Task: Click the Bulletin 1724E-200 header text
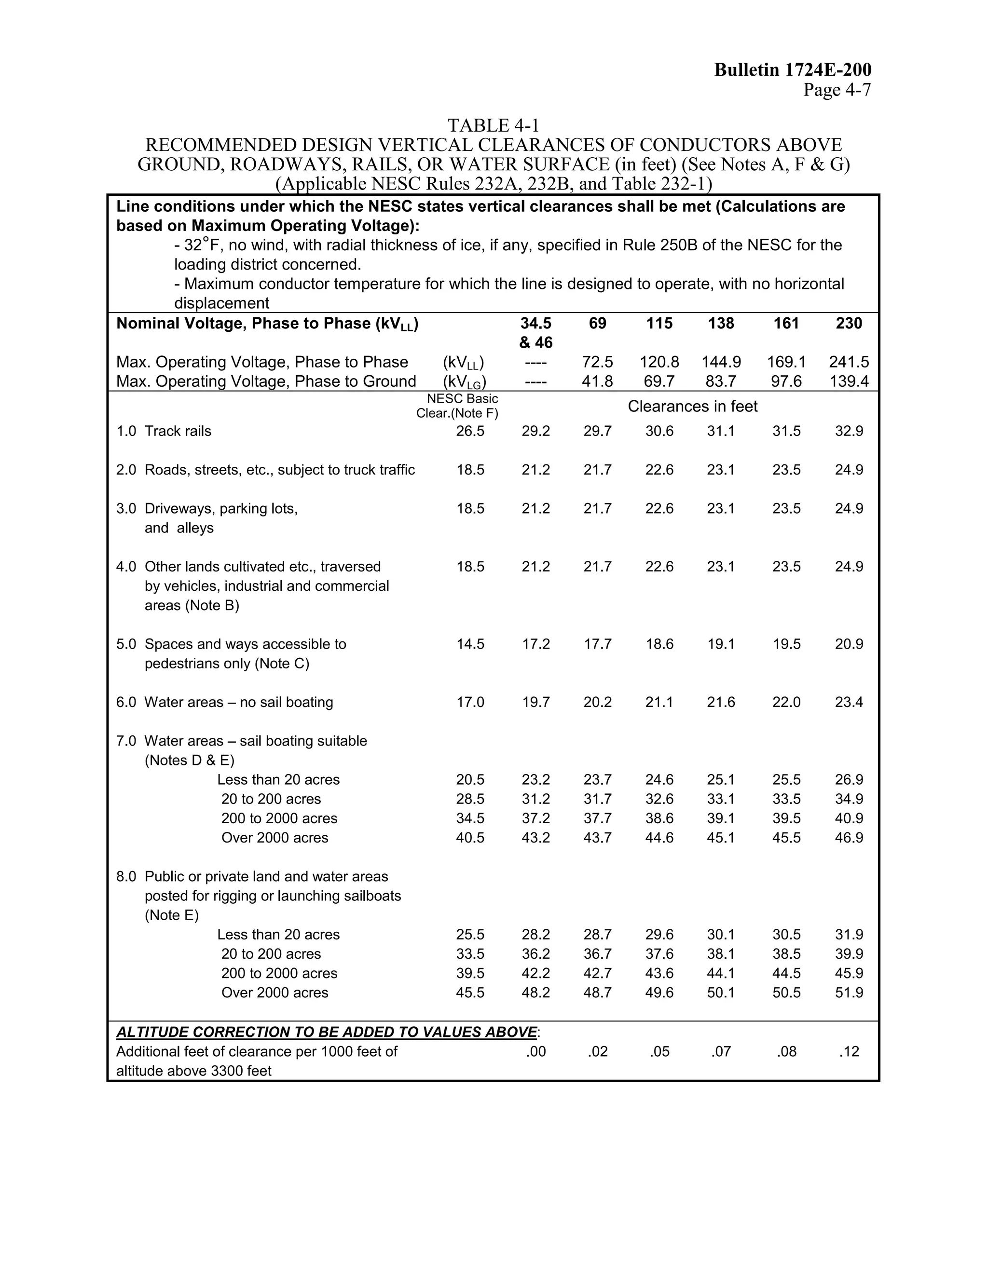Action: (x=793, y=70)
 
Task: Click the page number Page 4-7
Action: (x=837, y=90)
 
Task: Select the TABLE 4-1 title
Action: (x=493, y=125)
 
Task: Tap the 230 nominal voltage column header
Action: (x=849, y=323)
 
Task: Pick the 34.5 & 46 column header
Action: (x=535, y=332)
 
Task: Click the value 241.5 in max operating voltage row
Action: (x=849, y=362)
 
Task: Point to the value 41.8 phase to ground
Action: (x=597, y=381)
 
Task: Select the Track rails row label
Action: (x=178, y=431)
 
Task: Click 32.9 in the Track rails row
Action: (x=849, y=431)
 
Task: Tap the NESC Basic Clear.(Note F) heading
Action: (x=458, y=406)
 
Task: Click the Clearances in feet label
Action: (x=692, y=406)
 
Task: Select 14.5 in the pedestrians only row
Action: (x=470, y=644)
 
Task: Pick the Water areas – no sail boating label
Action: (x=238, y=702)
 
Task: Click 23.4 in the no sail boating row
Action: (x=849, y=702)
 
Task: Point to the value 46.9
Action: (x=849, y=838)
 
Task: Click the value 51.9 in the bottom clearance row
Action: (x=849, y=993)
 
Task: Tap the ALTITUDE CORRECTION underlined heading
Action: (x=327, y=1032)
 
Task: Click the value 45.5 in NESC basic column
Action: (x=470, y=993)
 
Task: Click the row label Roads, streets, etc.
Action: (x=279, y=470)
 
